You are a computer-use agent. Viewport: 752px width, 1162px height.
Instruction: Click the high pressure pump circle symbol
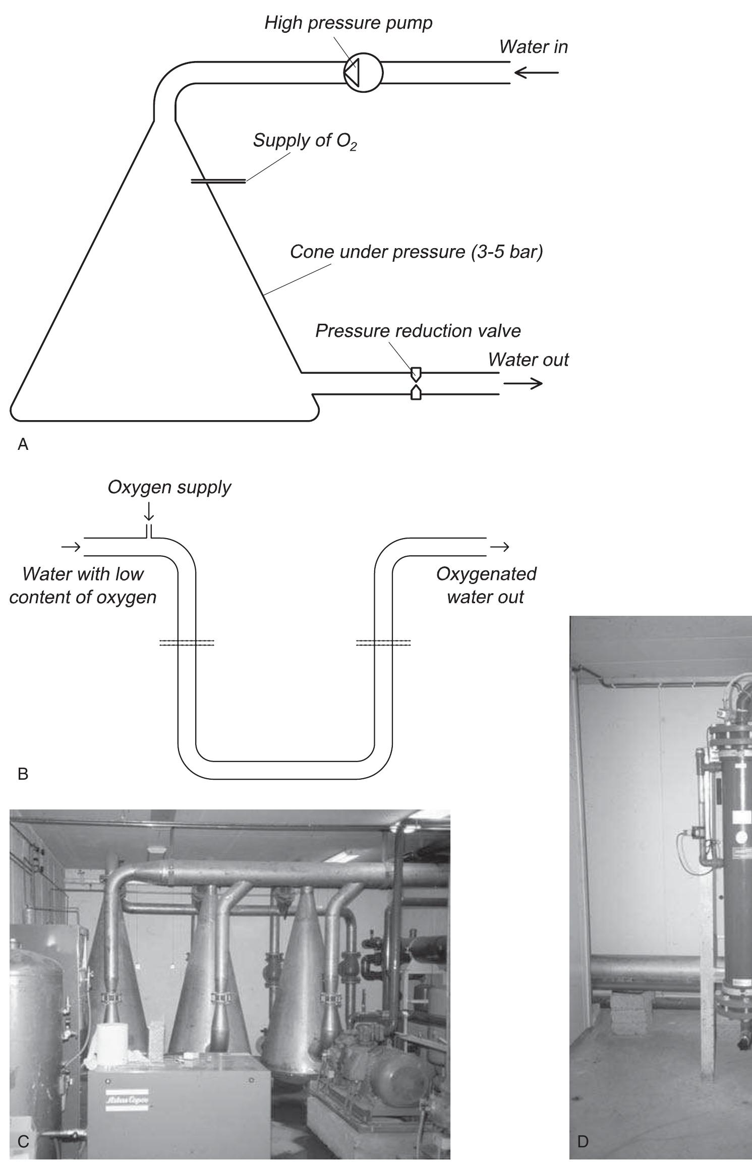363,73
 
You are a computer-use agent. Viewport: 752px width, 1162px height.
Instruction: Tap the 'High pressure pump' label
349,23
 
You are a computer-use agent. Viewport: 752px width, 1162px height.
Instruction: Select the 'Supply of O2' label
305,141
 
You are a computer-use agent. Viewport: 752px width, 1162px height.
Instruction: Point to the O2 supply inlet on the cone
218,181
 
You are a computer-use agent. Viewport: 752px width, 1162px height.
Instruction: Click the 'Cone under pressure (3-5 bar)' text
416,252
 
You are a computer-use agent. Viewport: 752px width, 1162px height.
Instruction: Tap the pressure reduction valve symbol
416,383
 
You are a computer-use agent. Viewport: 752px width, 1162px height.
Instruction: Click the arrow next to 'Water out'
523,384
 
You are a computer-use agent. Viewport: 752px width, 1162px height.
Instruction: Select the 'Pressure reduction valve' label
418,331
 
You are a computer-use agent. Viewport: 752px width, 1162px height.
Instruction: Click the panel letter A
23,444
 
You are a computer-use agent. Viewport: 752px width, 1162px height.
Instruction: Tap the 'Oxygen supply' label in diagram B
169,487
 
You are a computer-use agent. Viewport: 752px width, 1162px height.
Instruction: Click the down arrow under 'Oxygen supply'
149,512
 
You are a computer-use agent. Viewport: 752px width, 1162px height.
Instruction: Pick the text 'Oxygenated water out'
486,585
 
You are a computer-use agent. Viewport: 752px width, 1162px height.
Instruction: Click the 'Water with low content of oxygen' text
83,585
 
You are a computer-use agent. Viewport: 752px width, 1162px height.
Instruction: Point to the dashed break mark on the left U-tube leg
187,643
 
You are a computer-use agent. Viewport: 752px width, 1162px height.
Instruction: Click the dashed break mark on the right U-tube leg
383,643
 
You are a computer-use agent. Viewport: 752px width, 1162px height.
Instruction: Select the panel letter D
583,1139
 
